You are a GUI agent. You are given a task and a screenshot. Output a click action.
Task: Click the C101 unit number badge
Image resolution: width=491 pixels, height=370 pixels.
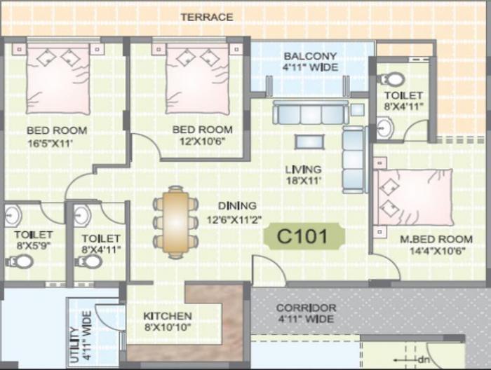(304, 236)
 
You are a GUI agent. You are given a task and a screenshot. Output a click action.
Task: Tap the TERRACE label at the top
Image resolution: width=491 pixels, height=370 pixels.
(207, 16)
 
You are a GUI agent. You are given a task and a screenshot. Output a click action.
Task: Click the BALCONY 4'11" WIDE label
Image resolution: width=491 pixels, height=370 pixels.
(310, 62)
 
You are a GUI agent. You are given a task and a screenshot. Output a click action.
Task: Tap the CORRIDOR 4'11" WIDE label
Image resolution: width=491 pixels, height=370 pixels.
(306, 313)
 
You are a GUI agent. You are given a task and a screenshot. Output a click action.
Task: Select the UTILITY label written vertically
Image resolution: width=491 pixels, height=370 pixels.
(81, 337)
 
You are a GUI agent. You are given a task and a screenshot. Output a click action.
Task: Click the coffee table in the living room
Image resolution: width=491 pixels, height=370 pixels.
(309, 142)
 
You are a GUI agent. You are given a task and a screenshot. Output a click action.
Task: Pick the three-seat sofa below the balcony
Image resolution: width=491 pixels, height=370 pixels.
(310, 113)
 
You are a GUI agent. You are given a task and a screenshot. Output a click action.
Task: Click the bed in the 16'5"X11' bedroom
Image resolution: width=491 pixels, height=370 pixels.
(58, 79)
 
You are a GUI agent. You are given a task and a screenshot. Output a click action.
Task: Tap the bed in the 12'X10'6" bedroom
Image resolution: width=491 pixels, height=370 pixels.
(197, 79)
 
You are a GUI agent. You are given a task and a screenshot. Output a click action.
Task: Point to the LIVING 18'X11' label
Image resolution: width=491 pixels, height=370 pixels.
(303, 174)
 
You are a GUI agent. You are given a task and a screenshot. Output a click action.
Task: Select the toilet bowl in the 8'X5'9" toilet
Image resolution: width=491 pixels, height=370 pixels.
(20, 261)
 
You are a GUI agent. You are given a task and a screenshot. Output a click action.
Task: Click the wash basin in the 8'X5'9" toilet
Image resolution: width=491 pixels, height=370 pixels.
(13, 215)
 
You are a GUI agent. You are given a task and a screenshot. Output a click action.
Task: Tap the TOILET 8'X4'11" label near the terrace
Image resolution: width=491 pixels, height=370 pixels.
(403, 101)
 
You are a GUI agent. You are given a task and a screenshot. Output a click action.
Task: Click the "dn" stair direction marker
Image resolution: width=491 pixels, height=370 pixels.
(422, 360)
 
